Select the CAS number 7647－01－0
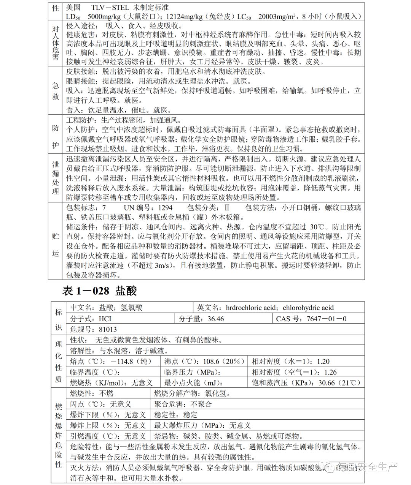coord(327,319)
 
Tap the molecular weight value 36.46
coord(216,319)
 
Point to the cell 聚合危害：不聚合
coord(183,404)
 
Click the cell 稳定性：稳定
coord(176,414)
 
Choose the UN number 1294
coord(164,208)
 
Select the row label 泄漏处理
coord(56,178)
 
